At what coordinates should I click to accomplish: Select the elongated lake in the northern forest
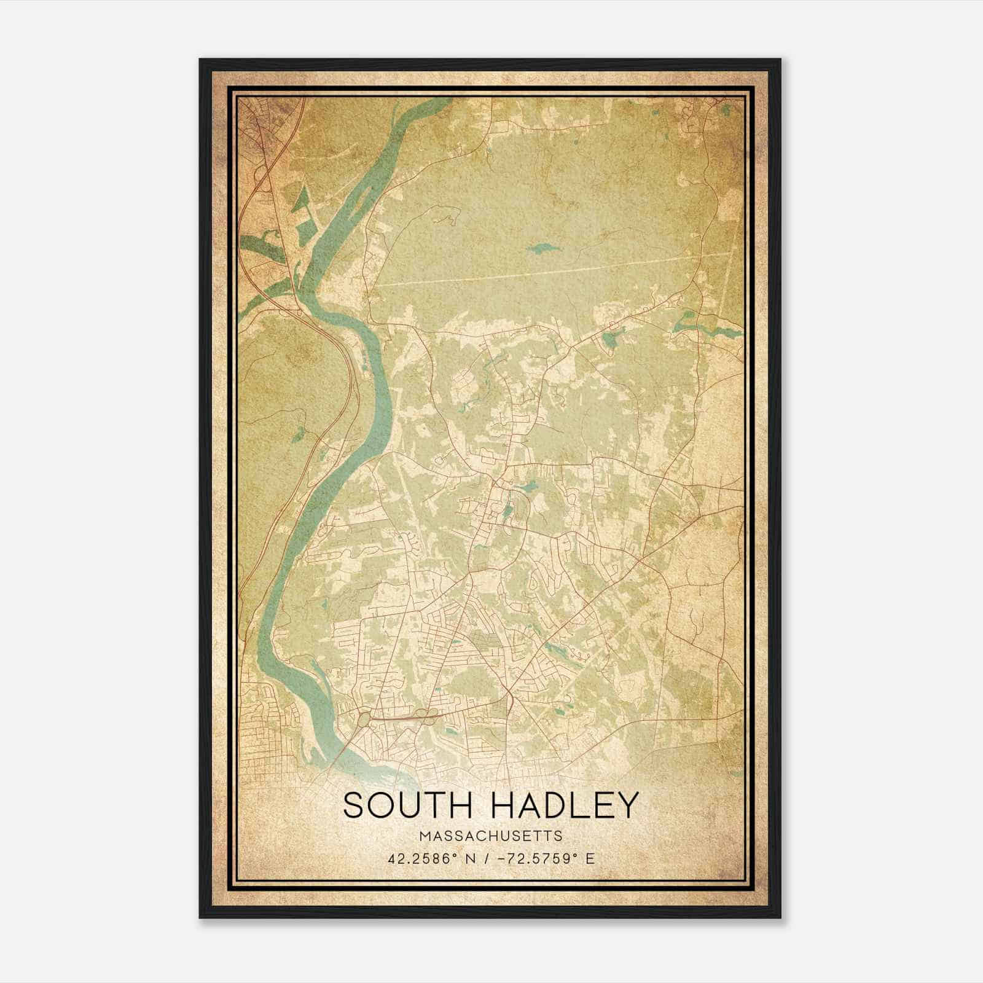point(540,249)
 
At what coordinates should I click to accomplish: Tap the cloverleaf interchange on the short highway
point(423,714)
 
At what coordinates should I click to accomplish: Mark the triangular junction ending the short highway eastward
point(511,700)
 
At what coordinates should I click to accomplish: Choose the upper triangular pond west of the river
point(301,200)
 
